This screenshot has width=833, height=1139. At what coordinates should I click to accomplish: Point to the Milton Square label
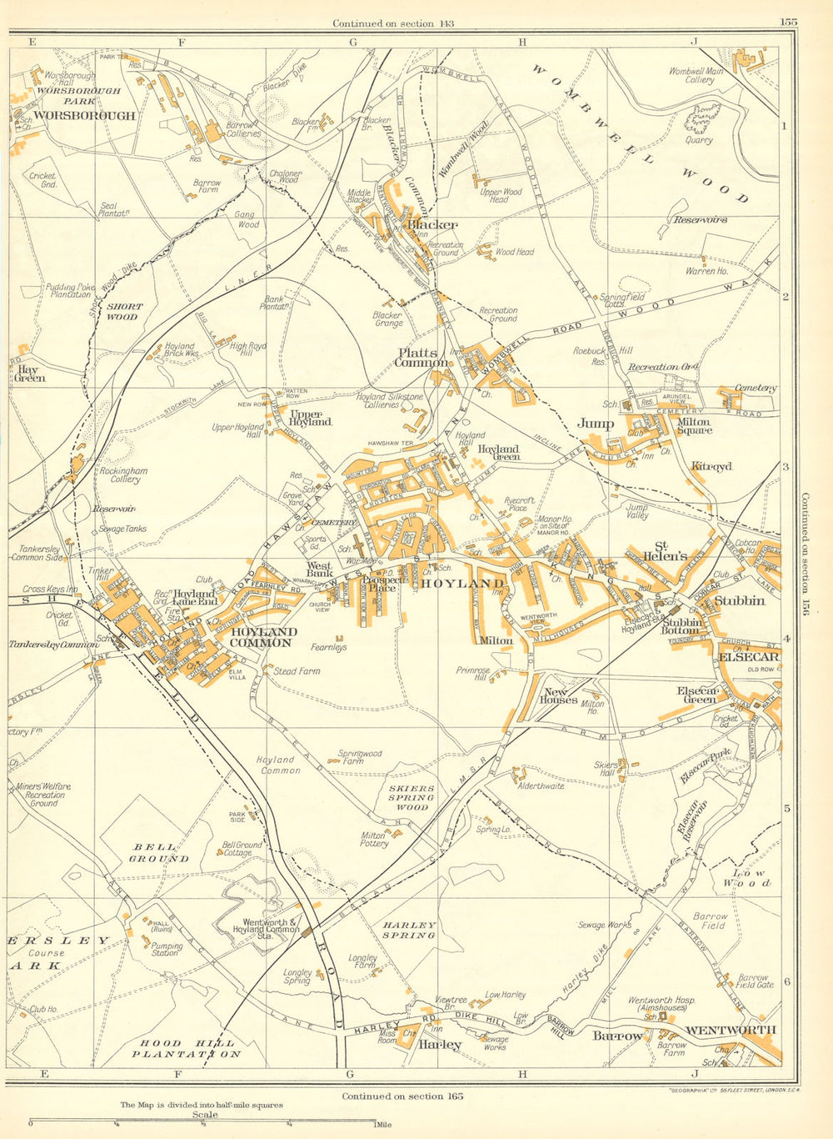(694, 427)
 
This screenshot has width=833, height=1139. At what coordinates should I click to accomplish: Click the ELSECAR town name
(748, 656)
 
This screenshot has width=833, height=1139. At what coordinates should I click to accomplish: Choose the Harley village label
(440, 1045)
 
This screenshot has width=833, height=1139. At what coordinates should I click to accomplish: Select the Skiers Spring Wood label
(412, 797)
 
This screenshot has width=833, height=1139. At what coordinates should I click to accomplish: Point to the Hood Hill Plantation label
(187, 1048)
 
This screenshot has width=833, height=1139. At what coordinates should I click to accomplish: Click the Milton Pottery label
(374, 839)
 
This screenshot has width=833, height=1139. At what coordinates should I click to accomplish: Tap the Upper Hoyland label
(310, 417)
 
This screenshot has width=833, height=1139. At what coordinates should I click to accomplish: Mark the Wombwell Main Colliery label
(696, 76)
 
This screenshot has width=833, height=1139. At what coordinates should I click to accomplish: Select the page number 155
(789, 23)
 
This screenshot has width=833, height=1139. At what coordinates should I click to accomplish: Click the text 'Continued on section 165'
(402, 1096)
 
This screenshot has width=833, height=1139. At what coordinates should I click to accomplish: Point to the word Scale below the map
(205, 1114)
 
